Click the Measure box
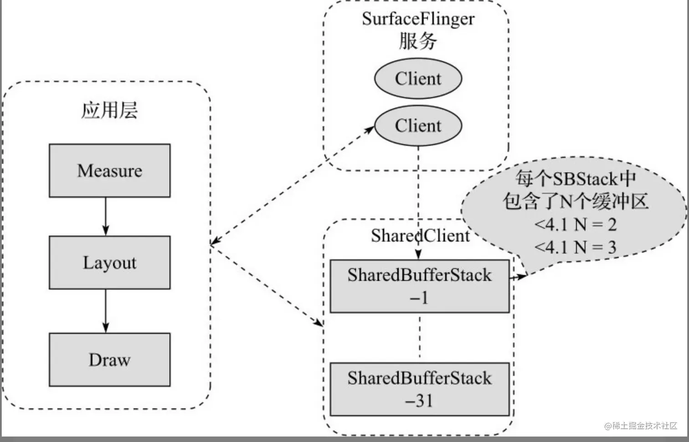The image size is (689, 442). click(109, 171)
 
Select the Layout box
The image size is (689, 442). click(109, 263)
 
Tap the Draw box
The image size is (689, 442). click(109, 360)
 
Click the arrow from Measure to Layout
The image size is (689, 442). click(106, 216)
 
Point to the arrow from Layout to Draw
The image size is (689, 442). click(106, 311)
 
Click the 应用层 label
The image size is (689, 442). click(109, 110)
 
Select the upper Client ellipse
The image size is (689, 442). click(418, 78)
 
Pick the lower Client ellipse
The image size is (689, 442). click(418, 126)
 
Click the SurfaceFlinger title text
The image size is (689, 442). click(418, 19)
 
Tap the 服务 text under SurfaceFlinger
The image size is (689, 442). click(418, 41)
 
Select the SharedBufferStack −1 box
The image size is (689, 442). click(419, 286)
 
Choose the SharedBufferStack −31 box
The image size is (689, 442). click(419, 389)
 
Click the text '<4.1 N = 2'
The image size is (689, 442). click(575, 224)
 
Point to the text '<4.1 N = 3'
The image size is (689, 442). click(575, 247)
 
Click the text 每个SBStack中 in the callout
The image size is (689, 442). click(575, 178)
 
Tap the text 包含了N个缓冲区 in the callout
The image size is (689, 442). click(575, 201)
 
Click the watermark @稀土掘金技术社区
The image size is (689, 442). click(640, 426)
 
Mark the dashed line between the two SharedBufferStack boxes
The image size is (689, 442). click(420, 337)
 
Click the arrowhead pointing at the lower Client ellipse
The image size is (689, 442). click(370, 129)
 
